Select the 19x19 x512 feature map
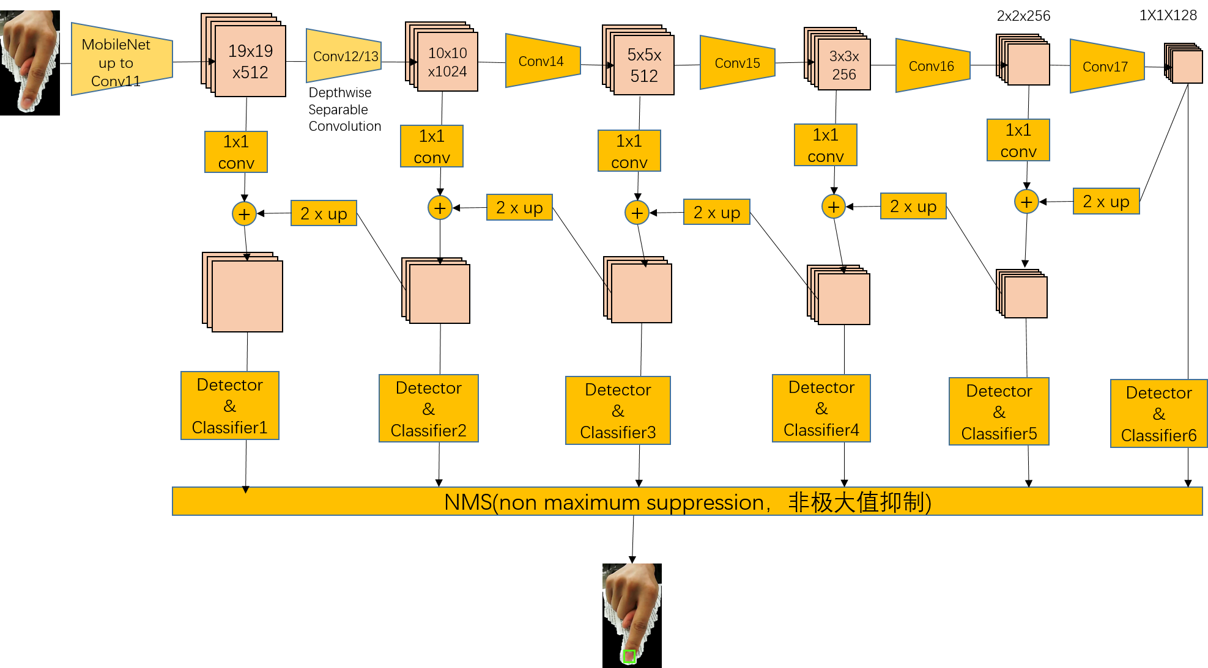[250, 61]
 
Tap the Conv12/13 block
[344, 56]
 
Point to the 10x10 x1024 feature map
[447, 62]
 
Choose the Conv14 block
[542, 61]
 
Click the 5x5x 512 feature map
[643, 65]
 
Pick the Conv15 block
[737, 63]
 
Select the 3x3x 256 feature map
[843, 65]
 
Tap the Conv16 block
[932, 66]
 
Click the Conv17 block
[1106, 67]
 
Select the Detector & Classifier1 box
[230, 406]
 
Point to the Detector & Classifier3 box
[618, 411]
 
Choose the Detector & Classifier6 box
[1158, 414]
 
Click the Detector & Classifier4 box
[821, 408]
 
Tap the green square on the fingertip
[629, 657]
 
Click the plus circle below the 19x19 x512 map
[244, 214]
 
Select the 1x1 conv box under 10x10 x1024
[431, 147]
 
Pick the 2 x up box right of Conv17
[1106, 201]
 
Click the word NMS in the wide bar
[468, 502]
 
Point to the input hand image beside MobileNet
[31, 60]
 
